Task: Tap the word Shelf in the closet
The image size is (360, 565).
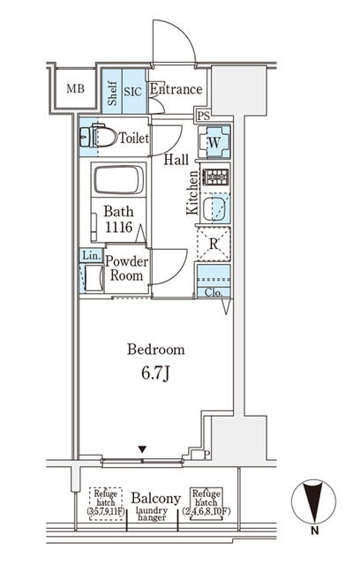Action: click(113, 91)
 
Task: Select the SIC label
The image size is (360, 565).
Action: click(132, 90)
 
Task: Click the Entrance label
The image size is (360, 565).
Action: click(176, 90)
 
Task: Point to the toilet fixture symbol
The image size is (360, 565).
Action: click(98, 139)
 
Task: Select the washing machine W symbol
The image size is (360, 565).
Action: click(214, 142)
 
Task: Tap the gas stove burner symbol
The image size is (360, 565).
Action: click(215, 177)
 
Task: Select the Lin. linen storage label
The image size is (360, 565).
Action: click(90, 256)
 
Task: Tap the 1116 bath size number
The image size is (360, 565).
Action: click(118, 227)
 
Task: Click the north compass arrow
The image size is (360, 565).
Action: click(312, 504)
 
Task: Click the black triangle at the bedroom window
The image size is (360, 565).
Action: click(141, 449)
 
